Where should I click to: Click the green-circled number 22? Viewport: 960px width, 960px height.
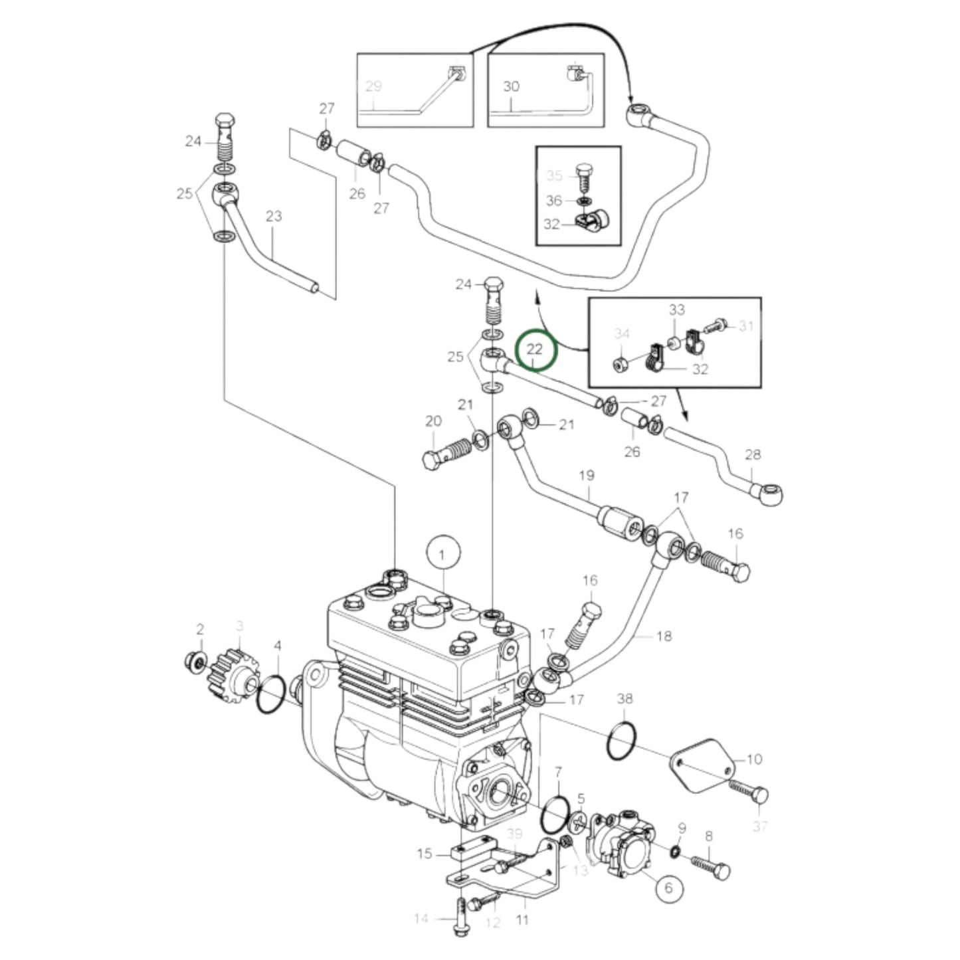tap(535, 349)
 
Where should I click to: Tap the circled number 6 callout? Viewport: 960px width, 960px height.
tap(668, 888)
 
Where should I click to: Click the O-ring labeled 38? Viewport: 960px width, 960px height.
tap(622, 739)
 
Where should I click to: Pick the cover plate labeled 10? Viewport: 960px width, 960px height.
tap(702, 771)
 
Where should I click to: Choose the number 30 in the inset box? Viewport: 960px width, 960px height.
tap(511, 86)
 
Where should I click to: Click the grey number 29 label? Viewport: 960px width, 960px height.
tap(374, 86)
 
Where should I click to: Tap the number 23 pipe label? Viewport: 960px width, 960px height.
tap(274, 216)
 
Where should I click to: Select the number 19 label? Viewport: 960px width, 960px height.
tap(587, 476)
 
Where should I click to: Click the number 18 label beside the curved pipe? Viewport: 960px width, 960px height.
tap(664, 636)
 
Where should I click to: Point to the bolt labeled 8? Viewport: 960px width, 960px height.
tap(712, 868)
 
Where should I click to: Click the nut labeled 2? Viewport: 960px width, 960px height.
tap(192, 660)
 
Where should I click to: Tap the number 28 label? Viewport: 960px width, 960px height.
tap(753, 455)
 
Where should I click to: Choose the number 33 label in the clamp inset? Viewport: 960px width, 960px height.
tap(676, 310)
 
